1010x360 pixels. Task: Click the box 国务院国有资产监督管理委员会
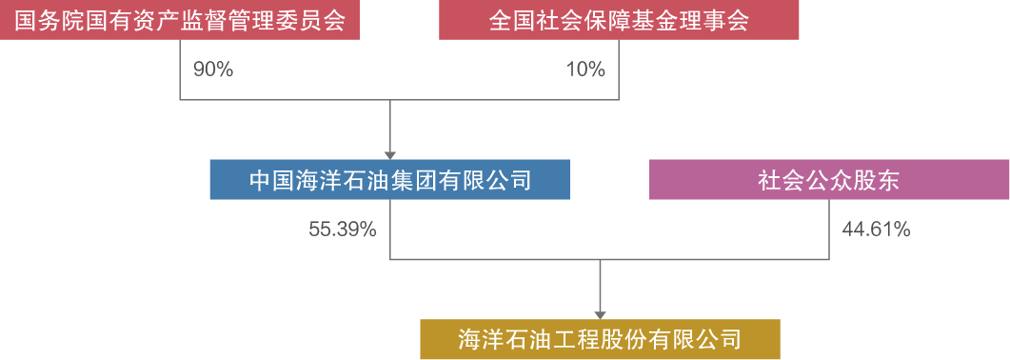coord(180,20)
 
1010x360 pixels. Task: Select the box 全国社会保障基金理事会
coord(619,20)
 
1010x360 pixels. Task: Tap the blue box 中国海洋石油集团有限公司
coord(389,180)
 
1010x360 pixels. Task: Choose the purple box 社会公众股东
coord(828,180)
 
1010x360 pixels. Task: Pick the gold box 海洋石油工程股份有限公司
coord(600,338)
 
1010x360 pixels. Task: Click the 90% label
coord(212,70)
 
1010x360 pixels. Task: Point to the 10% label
coord(585,70)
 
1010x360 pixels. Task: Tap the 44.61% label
coord(876,230)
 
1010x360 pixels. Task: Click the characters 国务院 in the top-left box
coord(47,20)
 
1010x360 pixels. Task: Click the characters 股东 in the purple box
coord(876,180)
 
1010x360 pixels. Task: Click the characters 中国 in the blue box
coord(271,180)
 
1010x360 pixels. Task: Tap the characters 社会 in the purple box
coord(781,180)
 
